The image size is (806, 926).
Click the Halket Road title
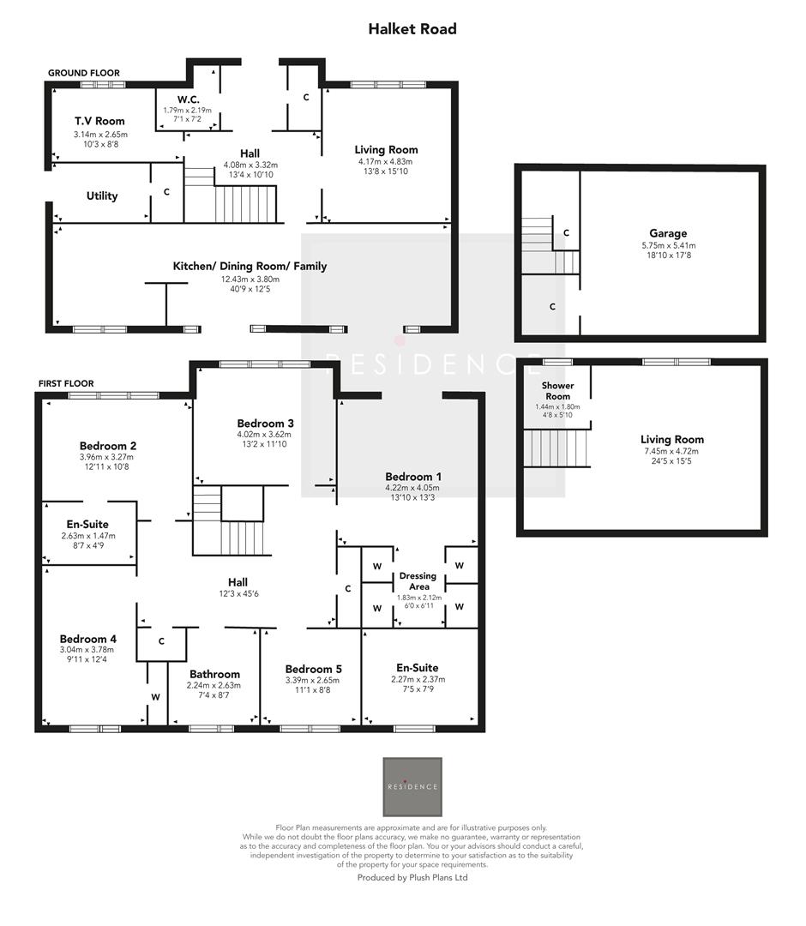point(412,29)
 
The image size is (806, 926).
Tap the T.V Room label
point(99,122)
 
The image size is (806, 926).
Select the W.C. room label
point(188,99)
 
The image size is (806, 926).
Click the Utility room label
point(102,196)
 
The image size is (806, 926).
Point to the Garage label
point(668,233)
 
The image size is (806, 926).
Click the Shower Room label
point(557,391)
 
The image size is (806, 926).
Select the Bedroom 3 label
point(266,424)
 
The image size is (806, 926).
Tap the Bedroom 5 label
point(314,669)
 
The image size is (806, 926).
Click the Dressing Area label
point(418,581)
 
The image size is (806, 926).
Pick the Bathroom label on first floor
point(214,674)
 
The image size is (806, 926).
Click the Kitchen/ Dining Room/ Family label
point(250,267)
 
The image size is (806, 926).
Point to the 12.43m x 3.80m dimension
point(250,280)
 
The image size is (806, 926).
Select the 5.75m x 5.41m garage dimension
point(668,245)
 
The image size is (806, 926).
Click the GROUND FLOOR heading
point(84,74)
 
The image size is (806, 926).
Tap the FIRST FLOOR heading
point(65,383)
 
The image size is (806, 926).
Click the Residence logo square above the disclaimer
point(412,786)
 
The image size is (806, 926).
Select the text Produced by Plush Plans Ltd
point(412,877)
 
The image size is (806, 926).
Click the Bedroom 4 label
point(87,639)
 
